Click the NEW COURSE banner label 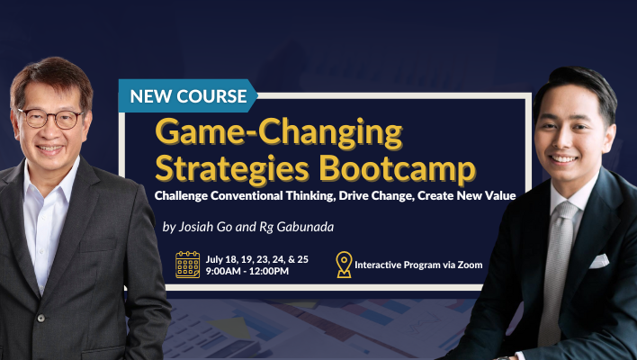tap(188, 96)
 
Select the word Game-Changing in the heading tap(279, 133)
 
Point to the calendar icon tap(188, 265)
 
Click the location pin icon tap(344, 265)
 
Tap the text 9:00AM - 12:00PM tap(247, 271)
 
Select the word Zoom tap(470, 265)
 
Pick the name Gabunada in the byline tap(305, 226)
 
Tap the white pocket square tap(599, 261)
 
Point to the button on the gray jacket tap(40, 318)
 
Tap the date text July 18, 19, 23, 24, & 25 tap(256, 259)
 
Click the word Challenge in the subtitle tap(181, 196)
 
